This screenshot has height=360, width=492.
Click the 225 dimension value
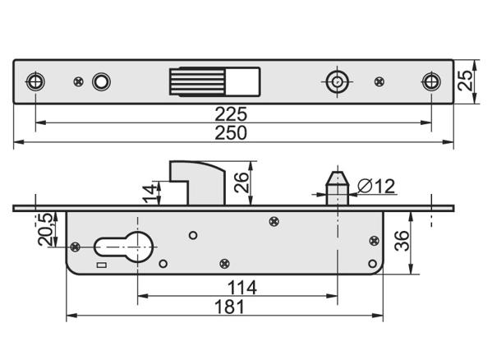click(x=231, y=114)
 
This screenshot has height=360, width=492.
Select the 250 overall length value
click(x=231, y=133)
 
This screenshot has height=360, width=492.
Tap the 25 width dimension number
click(x=465, y=81)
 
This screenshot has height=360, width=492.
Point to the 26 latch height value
click(x=241, y=182)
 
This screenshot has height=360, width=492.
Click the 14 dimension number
click(x=149, y=194)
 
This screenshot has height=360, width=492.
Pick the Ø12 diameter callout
click(x=376, y=186)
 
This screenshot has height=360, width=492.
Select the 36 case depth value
click(x=402, y=241)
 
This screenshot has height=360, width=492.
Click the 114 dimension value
click(x=242, y=288)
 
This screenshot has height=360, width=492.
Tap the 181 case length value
click(x=229, y=307)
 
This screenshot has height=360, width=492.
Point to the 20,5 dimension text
click(x=45, y=229)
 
